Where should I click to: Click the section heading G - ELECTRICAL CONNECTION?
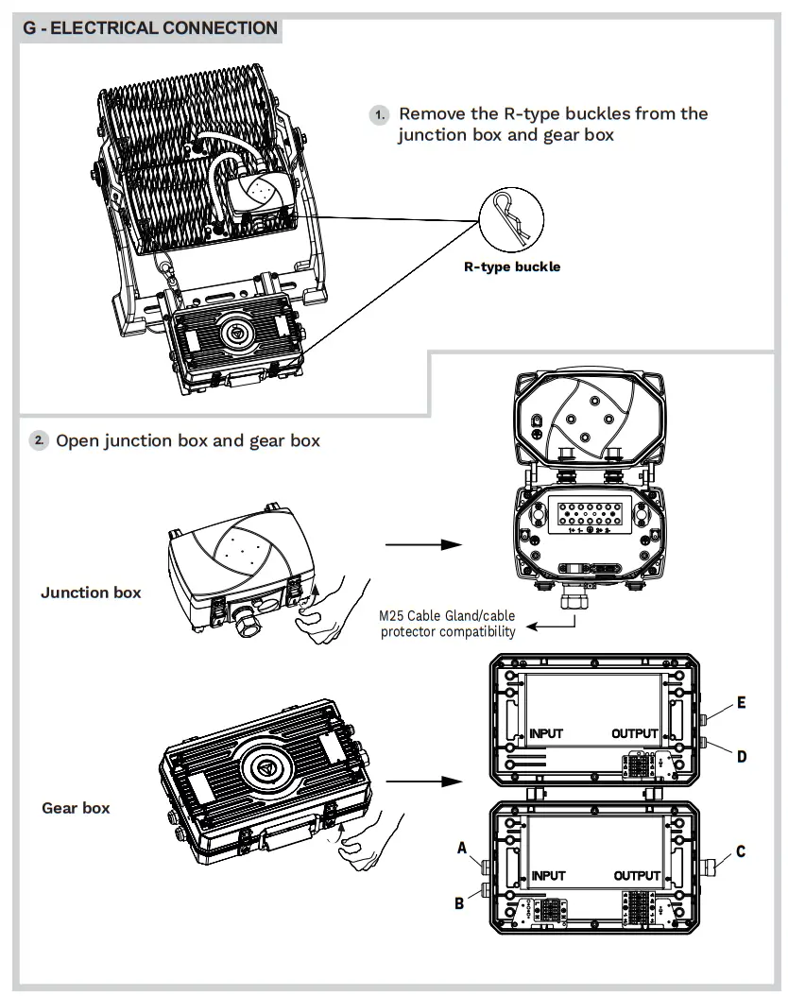150,27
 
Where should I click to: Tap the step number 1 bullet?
379,114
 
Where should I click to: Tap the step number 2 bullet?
38,440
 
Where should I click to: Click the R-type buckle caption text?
511,266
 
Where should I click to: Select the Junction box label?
91,592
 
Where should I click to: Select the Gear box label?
76,808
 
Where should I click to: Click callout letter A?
463,849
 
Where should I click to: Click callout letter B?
459,902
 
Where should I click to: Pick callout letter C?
741,851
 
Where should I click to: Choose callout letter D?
742,756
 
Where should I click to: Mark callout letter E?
742,703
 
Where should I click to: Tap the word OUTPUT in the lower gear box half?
637,876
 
